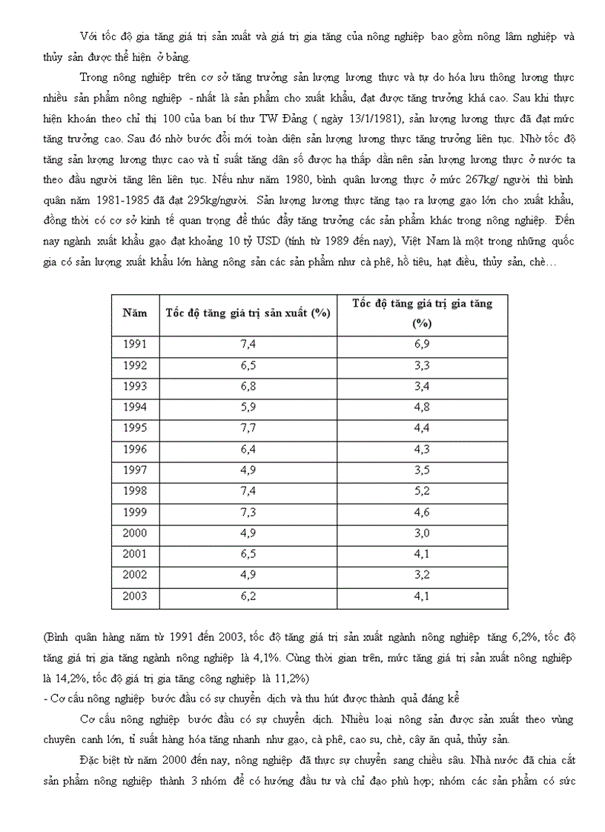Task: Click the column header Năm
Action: pyautogui.click(x=134, y=313)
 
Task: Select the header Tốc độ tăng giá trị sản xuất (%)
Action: pyautogui.click(x=248, y=313)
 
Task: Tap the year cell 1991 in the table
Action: pyautogui.click(x=134, y=345)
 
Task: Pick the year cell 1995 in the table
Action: pyautogui.click(x=134, y=428)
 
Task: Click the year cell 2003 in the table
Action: pyautogui.click(x=134, y=596)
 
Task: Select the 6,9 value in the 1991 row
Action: pyautogui.click(x=422, y=345)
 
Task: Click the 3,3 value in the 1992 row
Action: pyautogui.click(x=422, y=365)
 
